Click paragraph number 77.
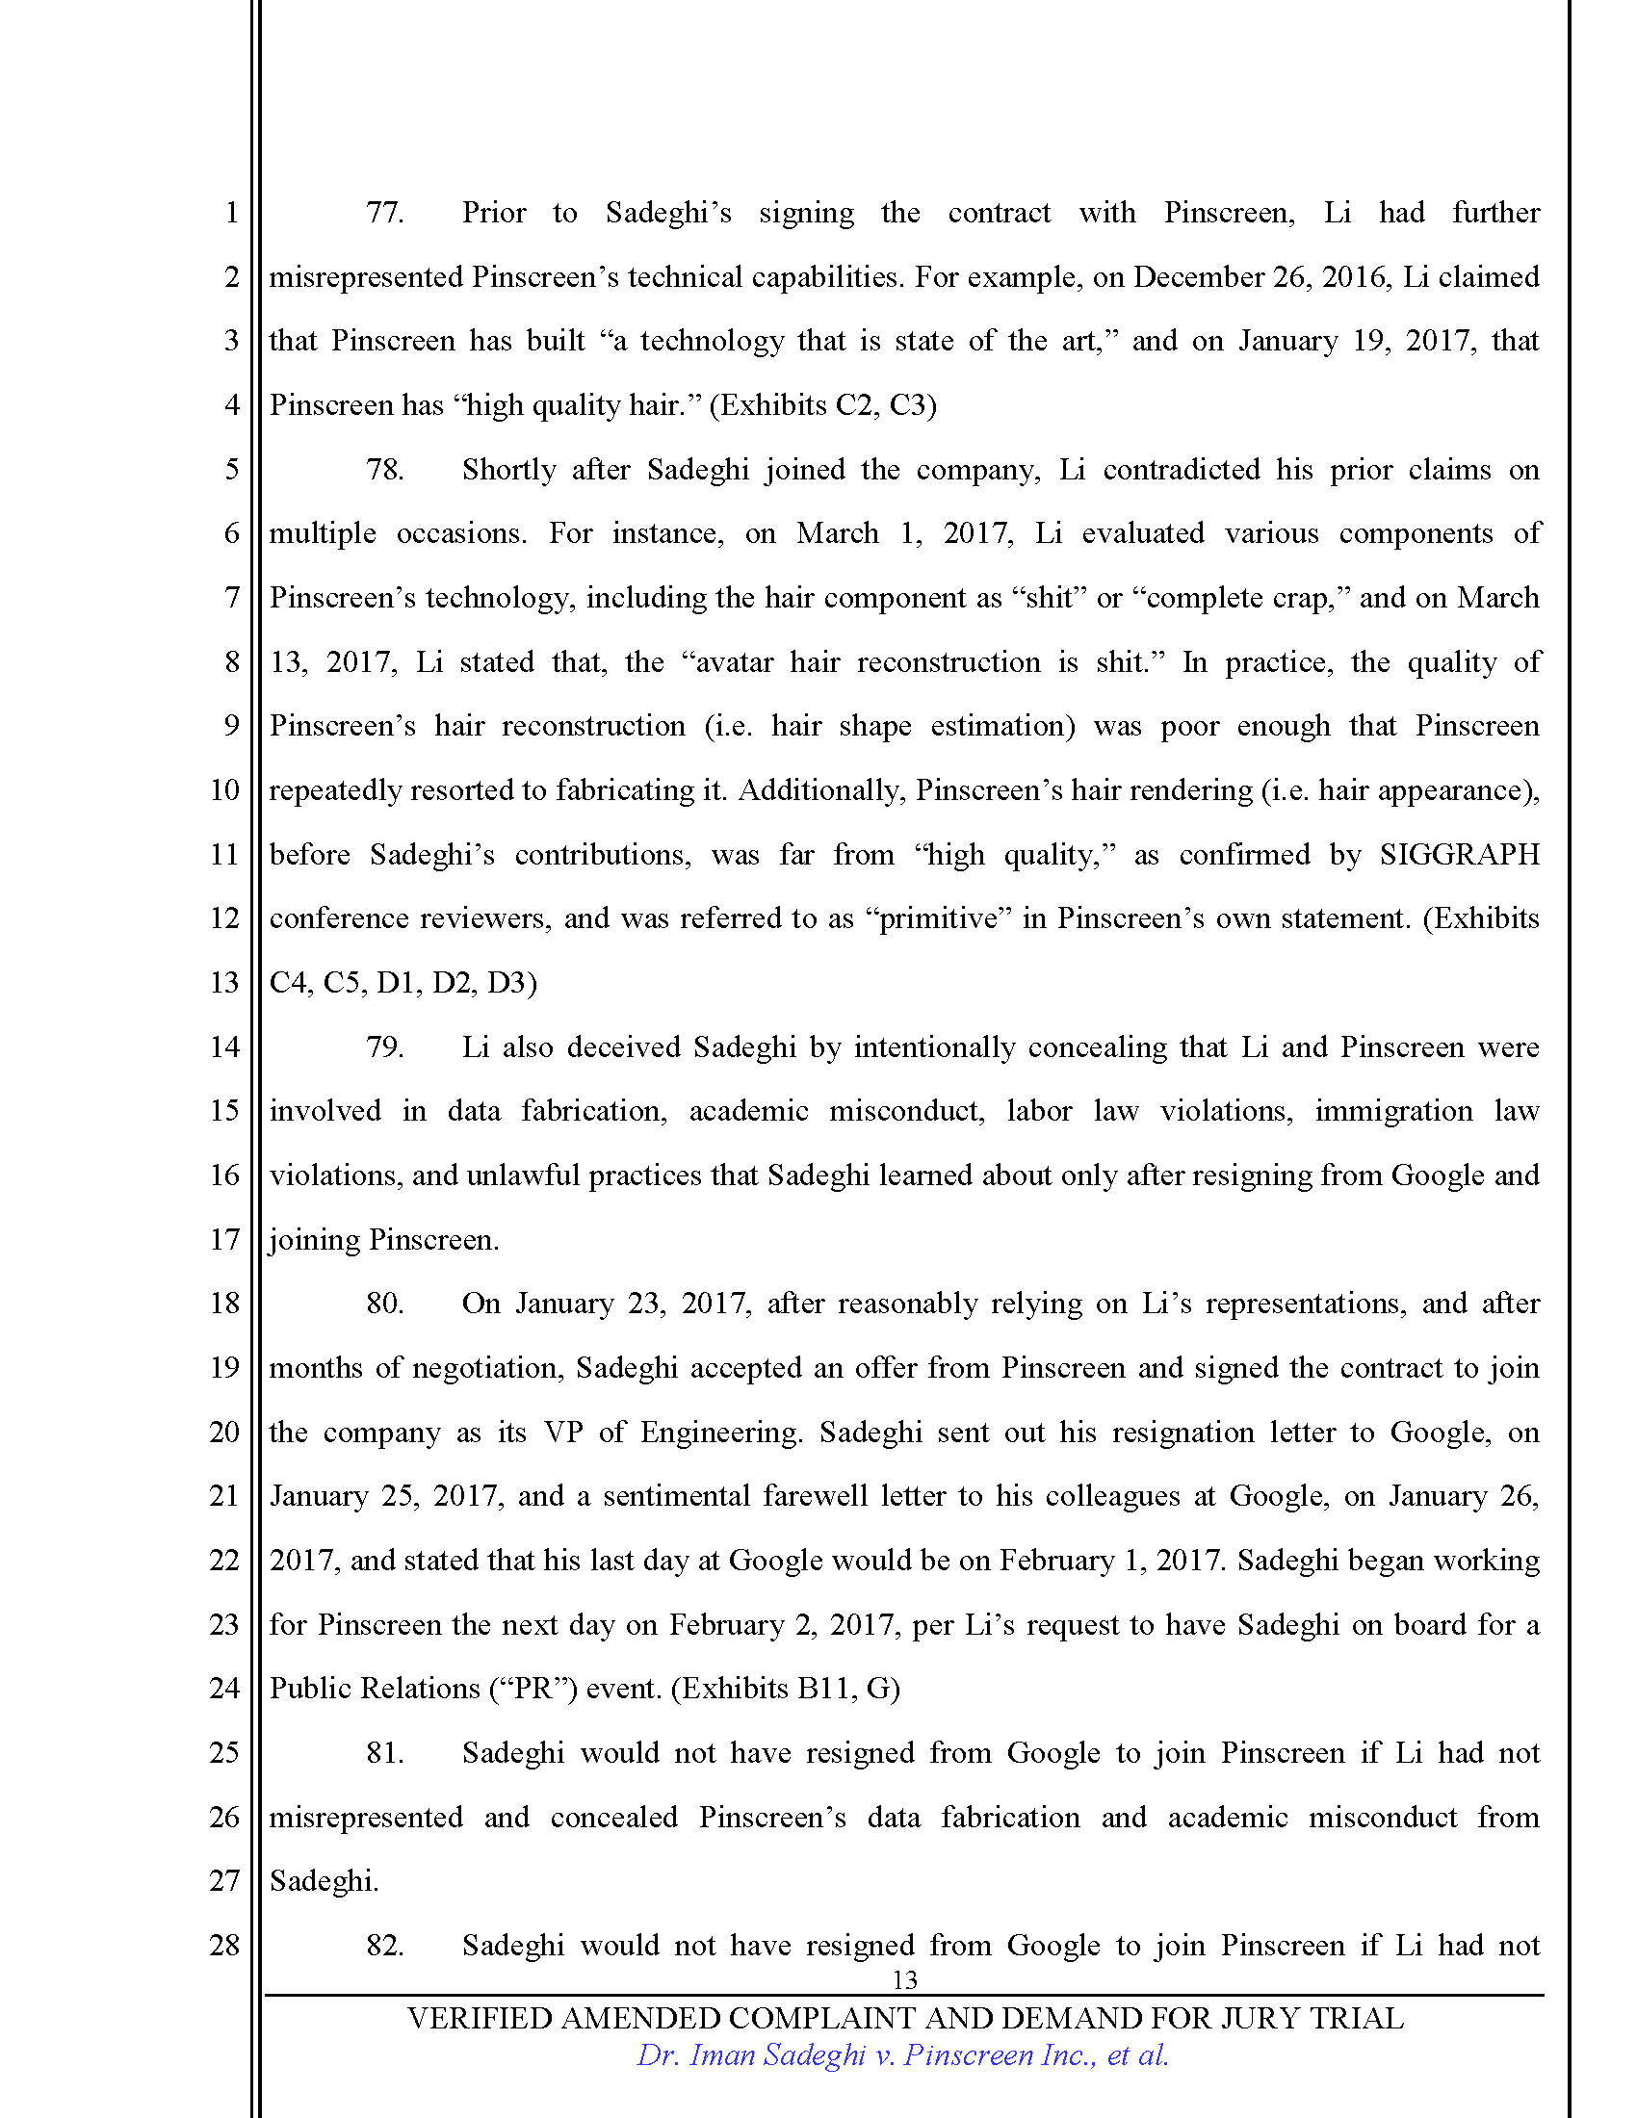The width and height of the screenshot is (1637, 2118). point(384,213)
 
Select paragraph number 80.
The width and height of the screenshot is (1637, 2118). point(384,1303)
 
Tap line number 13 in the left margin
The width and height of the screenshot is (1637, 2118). point(224,982)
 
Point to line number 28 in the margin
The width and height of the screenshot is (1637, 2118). point(224,1945)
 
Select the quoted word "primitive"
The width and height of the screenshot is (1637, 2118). point(939,918)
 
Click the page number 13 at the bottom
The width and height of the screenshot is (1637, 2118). point(904,1980)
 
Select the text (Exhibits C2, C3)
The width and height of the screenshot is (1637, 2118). point(823,405)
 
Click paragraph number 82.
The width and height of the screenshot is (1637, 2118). point(384,1945)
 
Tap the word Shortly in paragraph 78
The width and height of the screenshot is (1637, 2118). point(508,470)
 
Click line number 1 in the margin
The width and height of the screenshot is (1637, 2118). point(231,213)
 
